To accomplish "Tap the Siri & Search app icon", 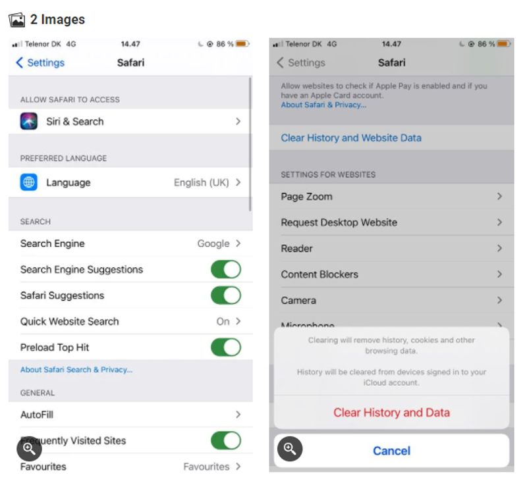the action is tap(28, 121).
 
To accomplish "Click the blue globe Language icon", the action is tap(28, 182).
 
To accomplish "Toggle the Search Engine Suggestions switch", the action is tap(226, 269).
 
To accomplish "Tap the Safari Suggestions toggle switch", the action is tap(226, 295).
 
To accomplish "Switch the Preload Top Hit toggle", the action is tap(226, 347).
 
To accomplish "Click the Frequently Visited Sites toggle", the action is tap(226, 441).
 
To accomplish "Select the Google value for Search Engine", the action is tap(213, 244).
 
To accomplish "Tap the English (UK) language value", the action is tap(202, 182).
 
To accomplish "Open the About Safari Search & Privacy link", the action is tap(76, 370).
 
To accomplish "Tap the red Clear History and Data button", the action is tap(391, 413).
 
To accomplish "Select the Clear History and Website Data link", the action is tap(351, 138).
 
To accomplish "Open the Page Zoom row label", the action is tap(306, 197).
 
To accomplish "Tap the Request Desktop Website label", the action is tap(339, 222).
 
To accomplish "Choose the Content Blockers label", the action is tap(319, 274).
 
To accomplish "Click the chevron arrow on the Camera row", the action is tap(500, 300).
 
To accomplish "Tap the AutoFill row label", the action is tap(37, 415).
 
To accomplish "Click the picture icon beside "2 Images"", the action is tap(17, 20).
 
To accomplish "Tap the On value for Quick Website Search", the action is tap(223, 321).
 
